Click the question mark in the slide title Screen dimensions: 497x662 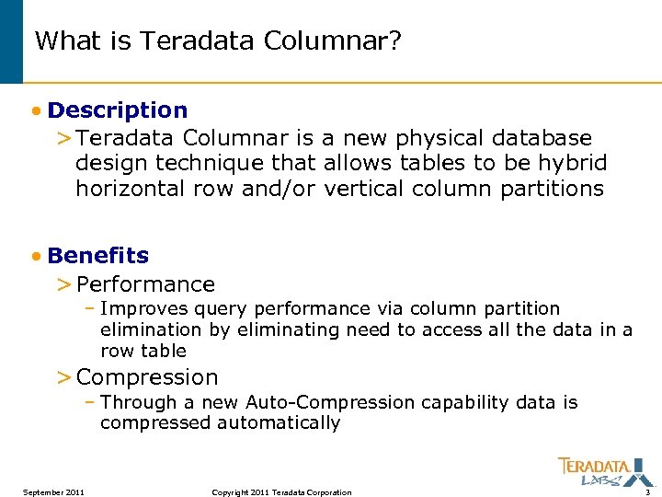click(394, 41)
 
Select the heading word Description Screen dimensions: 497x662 click(118, 110)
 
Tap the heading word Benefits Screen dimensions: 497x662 click(97, 255)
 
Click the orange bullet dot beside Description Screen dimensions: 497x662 click(34, 111)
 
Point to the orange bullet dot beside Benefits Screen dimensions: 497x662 click(34, 256)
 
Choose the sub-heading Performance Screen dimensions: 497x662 click(145, 284)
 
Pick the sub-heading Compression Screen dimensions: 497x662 click(147, 377)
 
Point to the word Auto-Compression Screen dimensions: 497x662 click(330, 402)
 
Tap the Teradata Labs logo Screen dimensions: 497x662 click(594, 471)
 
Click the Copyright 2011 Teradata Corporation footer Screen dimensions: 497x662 click(281, 492)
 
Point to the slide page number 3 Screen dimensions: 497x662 click(647, 492)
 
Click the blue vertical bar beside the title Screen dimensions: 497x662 click(11, 41)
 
